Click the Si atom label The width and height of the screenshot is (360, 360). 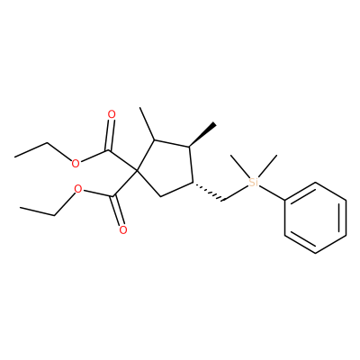click(253, 182)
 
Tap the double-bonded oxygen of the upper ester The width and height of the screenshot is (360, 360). click(112, 114)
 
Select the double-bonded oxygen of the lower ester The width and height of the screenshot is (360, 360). click(123, 230)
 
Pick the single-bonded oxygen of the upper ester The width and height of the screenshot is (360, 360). click(76, 164)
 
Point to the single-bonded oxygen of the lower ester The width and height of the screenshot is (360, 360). click(78, 189)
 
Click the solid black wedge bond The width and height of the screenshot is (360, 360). click(202, 135)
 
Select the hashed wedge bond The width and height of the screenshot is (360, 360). click(208, 191)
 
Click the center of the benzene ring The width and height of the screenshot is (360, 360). click(316, 218)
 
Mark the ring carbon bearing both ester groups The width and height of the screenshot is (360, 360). click(137, 171)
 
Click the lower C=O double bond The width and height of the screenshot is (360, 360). click(117, 211)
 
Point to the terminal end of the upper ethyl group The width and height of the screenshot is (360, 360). click(14, 157)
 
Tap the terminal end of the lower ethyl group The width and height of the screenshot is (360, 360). click(20, 207)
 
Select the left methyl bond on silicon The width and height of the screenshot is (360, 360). click(239, 166)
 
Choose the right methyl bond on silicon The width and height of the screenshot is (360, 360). click(266, 166)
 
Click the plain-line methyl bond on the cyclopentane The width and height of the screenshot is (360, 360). click(147, 123)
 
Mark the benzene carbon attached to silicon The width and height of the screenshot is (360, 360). click(285, 200)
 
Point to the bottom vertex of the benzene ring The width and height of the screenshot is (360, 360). click(316, 253)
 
